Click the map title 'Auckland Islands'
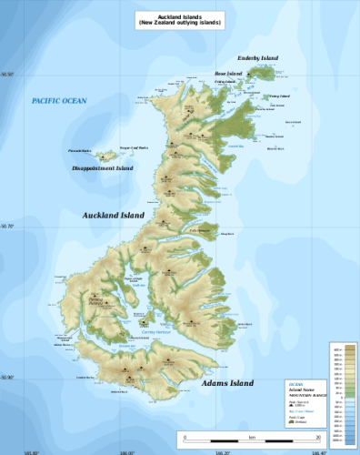tap(179, 13)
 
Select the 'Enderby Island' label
tap(257, 57)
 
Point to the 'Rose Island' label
tap(228, 73)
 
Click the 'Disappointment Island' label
tap(103, 168)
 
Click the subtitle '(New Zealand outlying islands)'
tap(179, 20)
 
